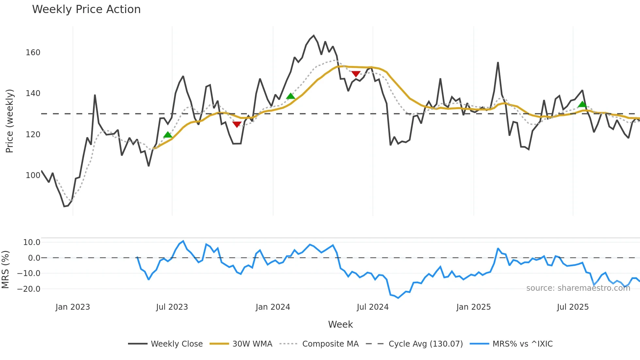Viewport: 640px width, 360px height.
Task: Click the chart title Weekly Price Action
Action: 86,9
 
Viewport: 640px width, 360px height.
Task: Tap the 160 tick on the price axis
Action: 33,53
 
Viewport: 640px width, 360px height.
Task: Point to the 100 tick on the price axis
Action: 33,175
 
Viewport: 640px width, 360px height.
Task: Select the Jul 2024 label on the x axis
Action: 373,307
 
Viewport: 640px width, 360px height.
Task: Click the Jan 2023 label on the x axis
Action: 72,307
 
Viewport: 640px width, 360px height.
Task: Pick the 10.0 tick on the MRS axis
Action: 32,242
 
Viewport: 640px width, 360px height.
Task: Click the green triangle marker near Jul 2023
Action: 168,135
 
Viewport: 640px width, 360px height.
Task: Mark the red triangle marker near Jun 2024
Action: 356,74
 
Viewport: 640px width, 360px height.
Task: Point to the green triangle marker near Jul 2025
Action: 582,105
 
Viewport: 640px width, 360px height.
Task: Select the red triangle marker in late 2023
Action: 237,124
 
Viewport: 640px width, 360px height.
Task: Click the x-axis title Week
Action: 340,324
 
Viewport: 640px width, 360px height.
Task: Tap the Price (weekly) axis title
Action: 10,121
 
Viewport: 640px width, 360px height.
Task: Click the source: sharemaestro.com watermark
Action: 578,288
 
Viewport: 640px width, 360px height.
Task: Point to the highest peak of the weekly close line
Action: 314,36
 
